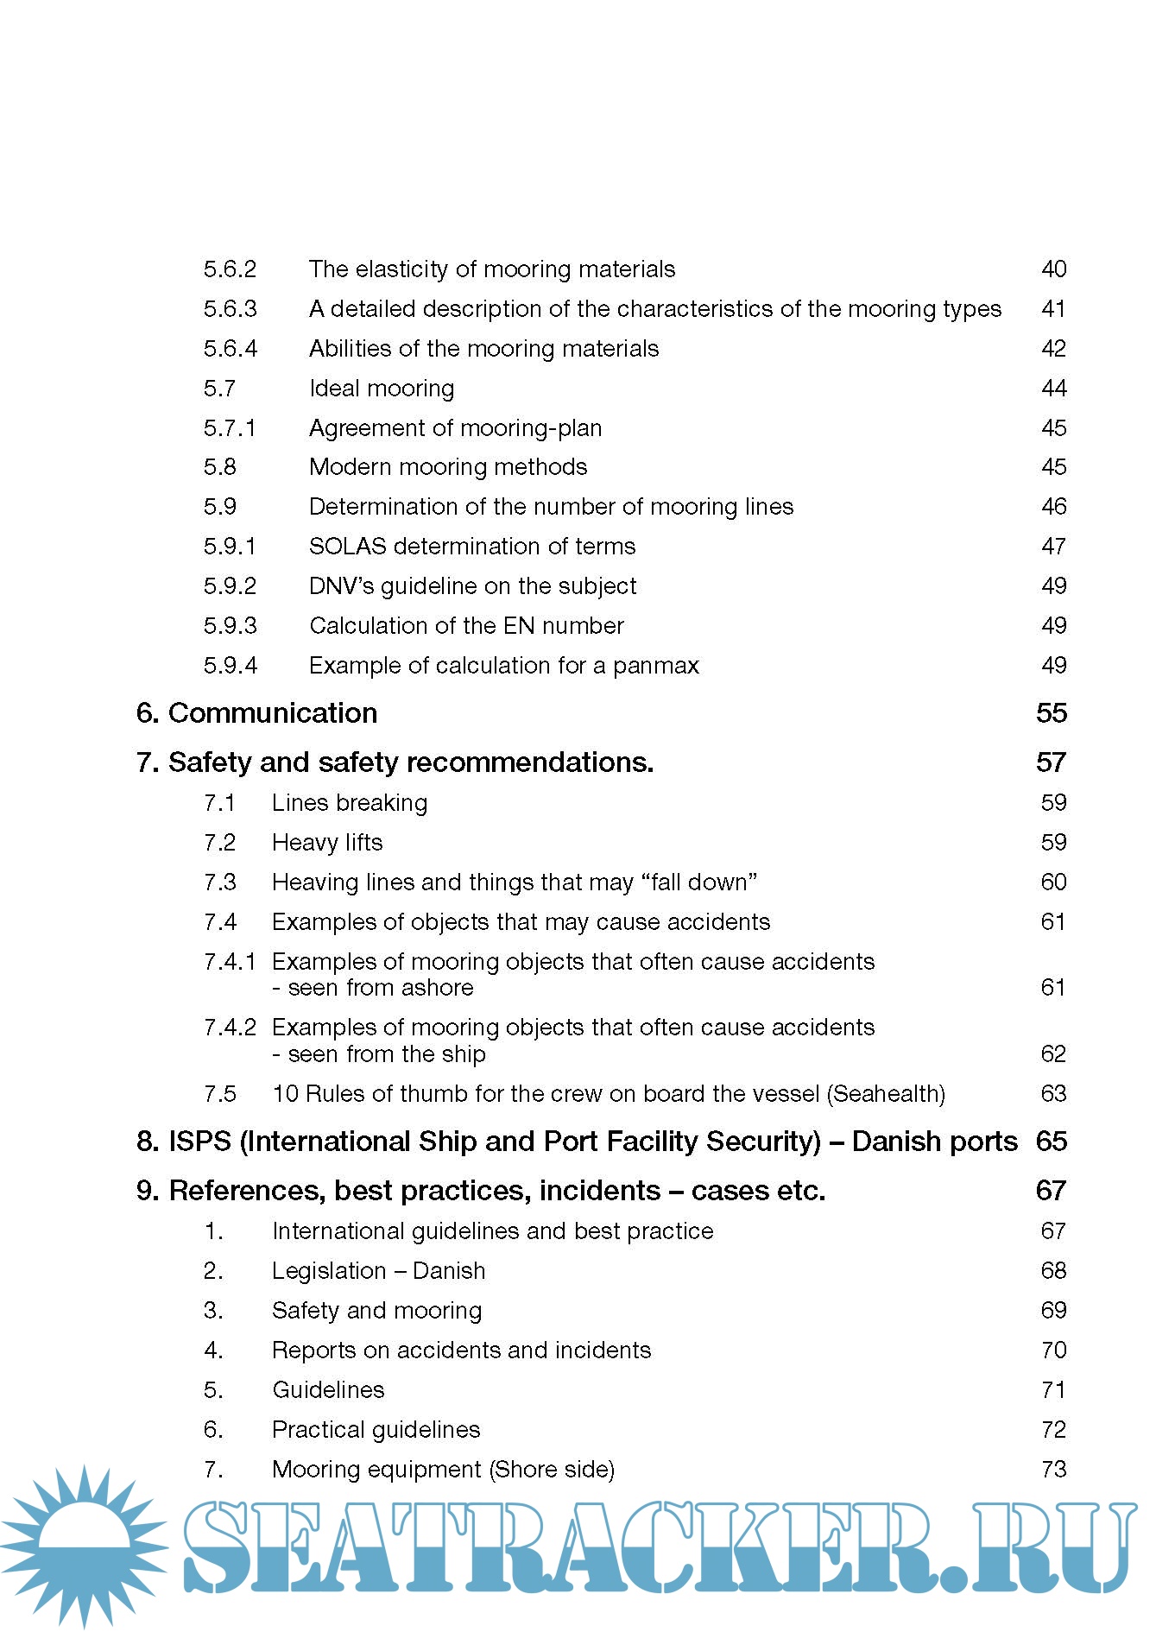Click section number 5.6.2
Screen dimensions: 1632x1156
tap(230, 269)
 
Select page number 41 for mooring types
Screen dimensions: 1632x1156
tap(1053, 309)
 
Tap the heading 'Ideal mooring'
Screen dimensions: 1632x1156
tap(382, 389)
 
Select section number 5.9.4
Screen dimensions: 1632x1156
tap(230, 666)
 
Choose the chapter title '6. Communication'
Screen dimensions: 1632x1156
tap(256, 713)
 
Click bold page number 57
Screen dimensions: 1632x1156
tap(1051, 762)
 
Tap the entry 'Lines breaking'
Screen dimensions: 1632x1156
tap(350, 803)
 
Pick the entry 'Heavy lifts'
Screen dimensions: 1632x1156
tap(327, 843)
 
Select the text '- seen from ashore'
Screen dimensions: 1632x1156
tap(373, 988)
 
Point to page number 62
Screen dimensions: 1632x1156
tap(1053, 1054)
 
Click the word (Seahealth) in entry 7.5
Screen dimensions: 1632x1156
tap(886, 1094)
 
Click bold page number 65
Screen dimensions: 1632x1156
tap(1051, 1142)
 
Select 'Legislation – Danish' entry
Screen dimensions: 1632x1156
tap(378, 1271)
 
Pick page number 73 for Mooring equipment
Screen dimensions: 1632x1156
tap(1053, 1470)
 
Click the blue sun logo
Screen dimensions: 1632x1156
tap(84, 1546)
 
